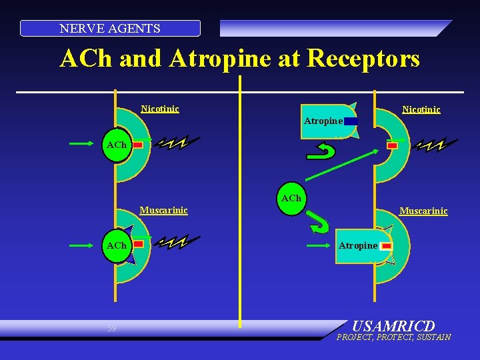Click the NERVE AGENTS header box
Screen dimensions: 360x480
coord(110,28)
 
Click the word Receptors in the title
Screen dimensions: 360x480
coord(361,59)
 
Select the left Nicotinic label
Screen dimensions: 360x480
coord(160,109)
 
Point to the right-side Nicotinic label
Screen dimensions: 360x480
coord(421,109)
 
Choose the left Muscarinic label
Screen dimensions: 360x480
coord(163,211)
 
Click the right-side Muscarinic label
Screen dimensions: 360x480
coord(423,211)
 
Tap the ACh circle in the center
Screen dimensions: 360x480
coord(291,199)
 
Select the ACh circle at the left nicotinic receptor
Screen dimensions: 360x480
coord(117,145)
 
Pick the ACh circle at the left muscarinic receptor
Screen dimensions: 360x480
coord(117,245)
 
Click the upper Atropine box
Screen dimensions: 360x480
coord(323,121)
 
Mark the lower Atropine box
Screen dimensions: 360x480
coord(358,246)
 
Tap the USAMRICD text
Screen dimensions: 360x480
coord(393,327)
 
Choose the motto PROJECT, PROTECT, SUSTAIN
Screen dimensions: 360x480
coord(393,337)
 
